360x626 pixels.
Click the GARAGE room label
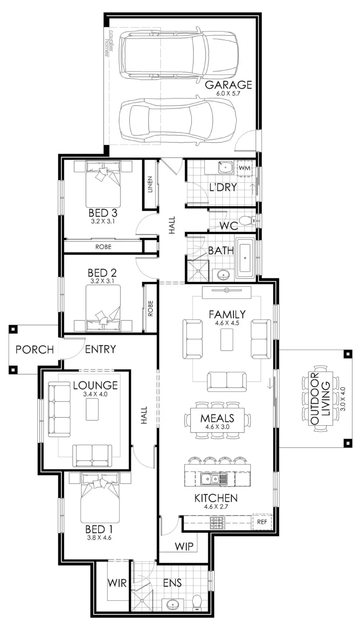pyautogui.click(x=228, y=85)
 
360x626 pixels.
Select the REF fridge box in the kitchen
pyautogui.click(x=262, y=522)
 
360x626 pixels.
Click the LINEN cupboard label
pyautogui.click(x=150, y=184)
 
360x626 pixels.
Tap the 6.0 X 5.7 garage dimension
pyautogui.click(x=228, y=93)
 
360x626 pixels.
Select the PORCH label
pyautogui.click(x=35, y=349)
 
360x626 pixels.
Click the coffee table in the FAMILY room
pyautogui.click(x=226, y=339)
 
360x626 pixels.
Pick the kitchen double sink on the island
pyautogui.click(x=209, y=479)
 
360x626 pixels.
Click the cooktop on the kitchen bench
pyautogui.click(x=217, y=523)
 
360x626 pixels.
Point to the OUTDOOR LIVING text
pyautogui.click(x=320, y=399)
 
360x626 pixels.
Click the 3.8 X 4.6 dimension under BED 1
pyautogui.click(x=99, y=537)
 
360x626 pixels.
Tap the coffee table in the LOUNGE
pyautogui.click(x=92, y=409)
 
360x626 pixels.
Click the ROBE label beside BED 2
pyautogui.click(x=150, y=308)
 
